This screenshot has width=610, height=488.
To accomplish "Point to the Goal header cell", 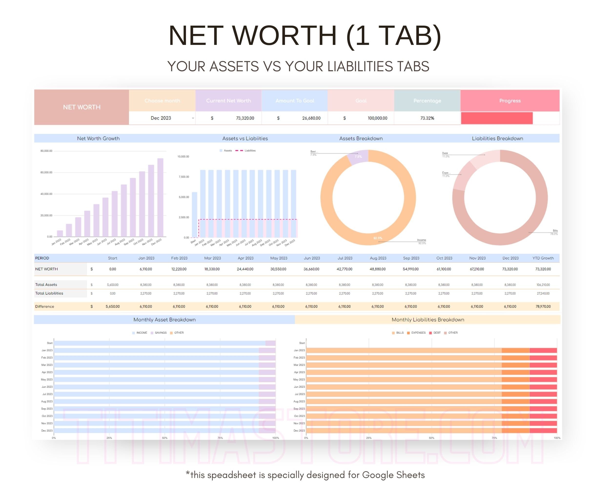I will point(361,101).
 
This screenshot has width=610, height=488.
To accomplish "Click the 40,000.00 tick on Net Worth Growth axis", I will point(46,194).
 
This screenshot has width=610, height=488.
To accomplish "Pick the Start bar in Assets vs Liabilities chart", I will point(194,215).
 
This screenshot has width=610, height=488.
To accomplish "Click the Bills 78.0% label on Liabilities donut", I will point(555,232).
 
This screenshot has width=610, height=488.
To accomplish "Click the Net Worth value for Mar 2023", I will point(212,269).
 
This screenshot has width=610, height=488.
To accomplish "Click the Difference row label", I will point(45,307).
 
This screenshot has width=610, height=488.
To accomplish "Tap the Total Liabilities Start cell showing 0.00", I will point(113,294).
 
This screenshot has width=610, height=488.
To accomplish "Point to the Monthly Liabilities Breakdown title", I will point(427,320).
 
